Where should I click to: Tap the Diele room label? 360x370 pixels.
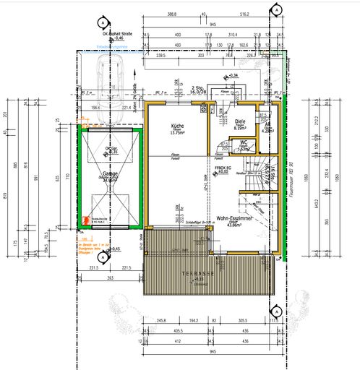tap(241, 122)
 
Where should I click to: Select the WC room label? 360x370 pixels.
tap(244, 143)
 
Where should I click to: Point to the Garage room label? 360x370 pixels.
tap(111, 174)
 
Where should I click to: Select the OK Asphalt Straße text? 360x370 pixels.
tap(116, 33)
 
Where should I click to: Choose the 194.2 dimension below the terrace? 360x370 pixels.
tap(192, 320)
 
